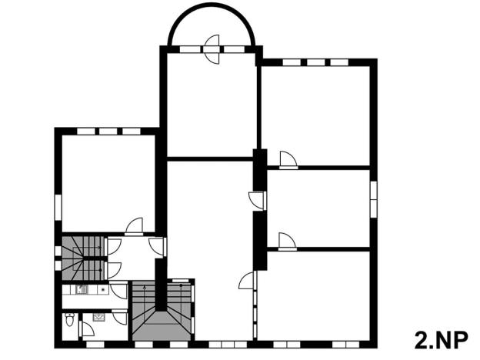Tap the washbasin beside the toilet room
tap(99, 316)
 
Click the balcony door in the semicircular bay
tap(212, 45)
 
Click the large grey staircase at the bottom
tap(162, 312)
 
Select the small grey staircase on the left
tap(82, 258)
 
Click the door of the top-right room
tap(288, 159)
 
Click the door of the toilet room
tap(87, 329)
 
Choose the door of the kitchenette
tap(118, 291)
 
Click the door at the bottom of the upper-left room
tap(135, 226)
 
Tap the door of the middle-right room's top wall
tap(258, 199)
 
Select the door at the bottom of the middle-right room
tap(287, 241)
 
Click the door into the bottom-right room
tap(248, 281)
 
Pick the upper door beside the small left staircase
tap(114, 246)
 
